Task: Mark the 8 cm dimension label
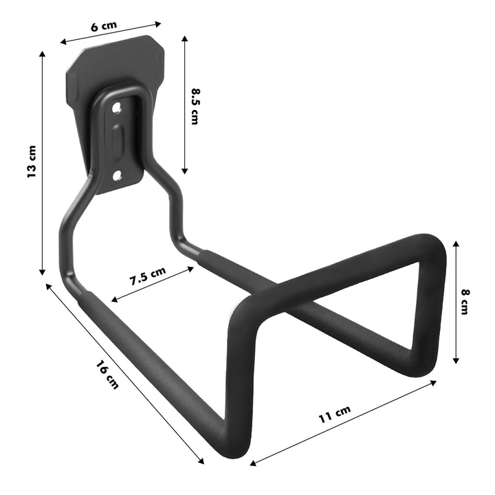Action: pos(465,301)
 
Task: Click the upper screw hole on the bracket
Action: pos(117,107)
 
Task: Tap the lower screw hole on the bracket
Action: pos(118,176)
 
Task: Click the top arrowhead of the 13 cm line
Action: pos(43,53)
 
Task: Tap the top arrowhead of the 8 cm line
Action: pos(455,242)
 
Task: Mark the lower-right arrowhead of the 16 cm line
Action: pos(202,462)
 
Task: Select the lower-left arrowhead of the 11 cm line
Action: pos(252,463)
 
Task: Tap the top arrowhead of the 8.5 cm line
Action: pos(184,37)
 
